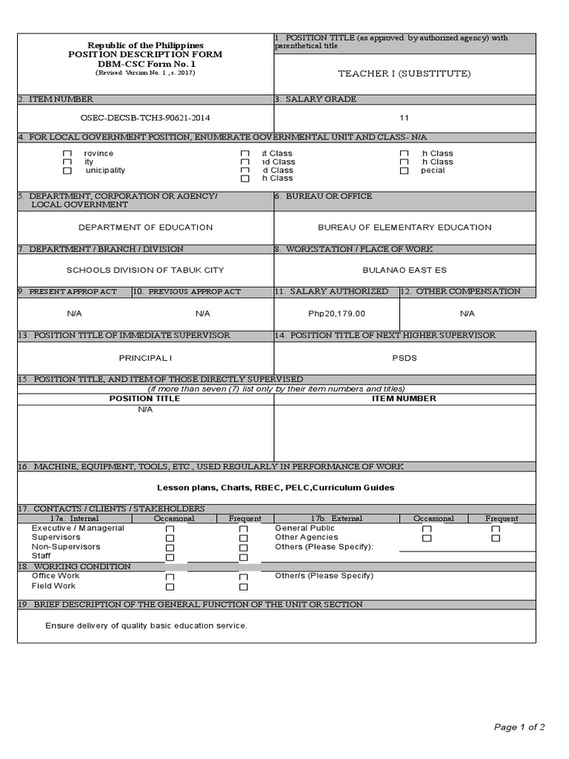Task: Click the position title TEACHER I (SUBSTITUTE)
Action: click(404, 73)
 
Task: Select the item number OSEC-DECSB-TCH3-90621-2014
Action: click(145, 117)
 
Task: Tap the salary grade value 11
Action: click(404, 117)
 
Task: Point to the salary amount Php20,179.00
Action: click(337, 314)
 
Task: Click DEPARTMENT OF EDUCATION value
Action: click(145, 228)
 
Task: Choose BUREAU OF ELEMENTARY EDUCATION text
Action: click(405, 228)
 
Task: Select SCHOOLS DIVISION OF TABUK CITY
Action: click(145, 270)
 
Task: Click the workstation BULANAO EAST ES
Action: click(405, 270)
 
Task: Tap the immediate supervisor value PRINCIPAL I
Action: click(145, 358)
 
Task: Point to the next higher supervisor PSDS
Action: click(405, 358)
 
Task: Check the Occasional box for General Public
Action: click(427, 529)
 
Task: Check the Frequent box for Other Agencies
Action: click(496, 538)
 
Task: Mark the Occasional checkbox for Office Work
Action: click(170, 577)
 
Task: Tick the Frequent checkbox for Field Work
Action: click(244, 586)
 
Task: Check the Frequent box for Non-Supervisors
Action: click(244, 548)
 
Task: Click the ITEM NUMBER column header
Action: click(405, 399)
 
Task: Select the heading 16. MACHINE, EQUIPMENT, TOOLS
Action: click(210, 466)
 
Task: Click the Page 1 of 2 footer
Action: click(519, 727)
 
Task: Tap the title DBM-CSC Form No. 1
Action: click(145, 64)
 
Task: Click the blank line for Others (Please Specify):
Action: click(467, 549)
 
